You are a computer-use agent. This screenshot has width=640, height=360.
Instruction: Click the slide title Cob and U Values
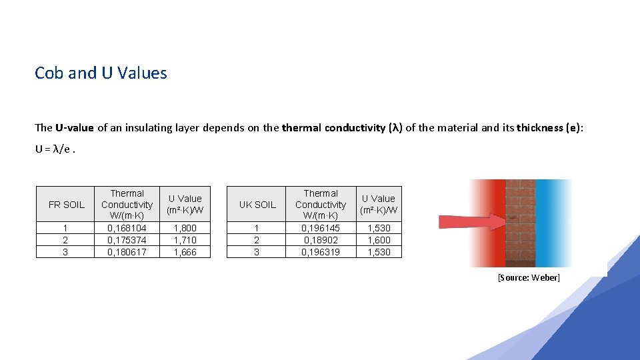point(101,73)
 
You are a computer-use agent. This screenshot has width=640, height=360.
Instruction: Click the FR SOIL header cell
point(67,205)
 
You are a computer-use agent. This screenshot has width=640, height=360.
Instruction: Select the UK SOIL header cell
point(257,205)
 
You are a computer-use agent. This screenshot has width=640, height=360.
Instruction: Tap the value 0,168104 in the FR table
point(127,228)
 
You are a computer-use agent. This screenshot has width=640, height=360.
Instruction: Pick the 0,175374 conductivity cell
point(127,240)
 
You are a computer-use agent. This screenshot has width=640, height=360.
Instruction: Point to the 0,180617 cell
point(127,252)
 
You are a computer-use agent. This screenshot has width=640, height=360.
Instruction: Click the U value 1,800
point(185,228)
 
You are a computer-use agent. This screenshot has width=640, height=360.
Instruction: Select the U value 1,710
point(185,240)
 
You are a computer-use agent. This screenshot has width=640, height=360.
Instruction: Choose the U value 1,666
point(185,252)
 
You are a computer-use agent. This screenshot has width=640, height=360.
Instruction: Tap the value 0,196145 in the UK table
point(320,228)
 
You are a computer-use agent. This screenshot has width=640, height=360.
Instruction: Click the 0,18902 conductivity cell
point(320,240)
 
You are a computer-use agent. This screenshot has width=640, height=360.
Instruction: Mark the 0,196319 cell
point(320,252)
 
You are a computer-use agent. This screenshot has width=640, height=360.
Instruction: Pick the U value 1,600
point(379,240)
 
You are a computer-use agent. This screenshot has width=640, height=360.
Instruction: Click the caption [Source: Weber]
point(529,277)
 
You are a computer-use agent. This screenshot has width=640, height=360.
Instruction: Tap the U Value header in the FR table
point(185,205)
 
